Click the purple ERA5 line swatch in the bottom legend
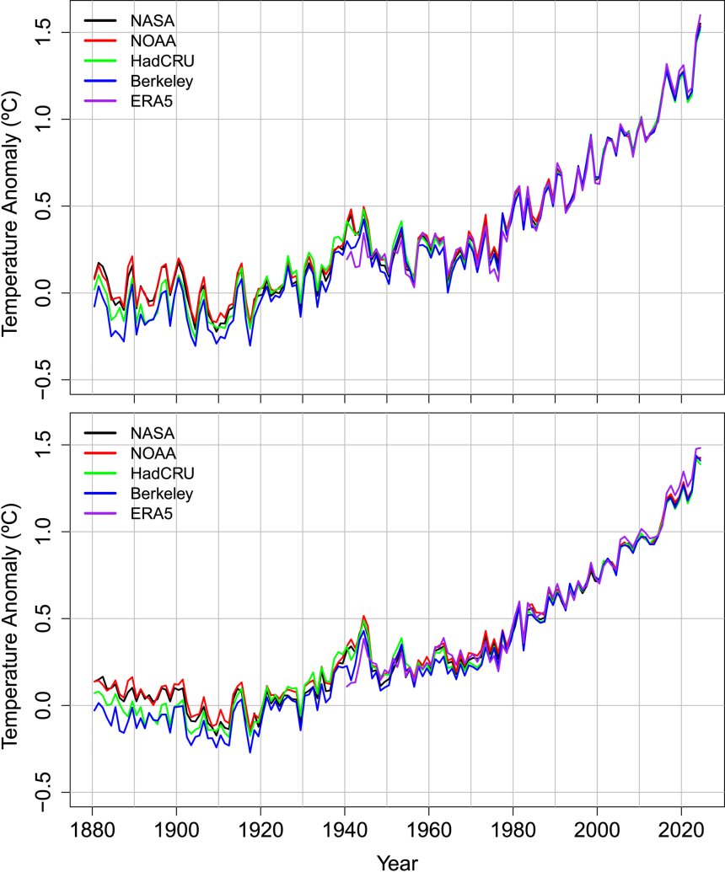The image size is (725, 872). [101, 512]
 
